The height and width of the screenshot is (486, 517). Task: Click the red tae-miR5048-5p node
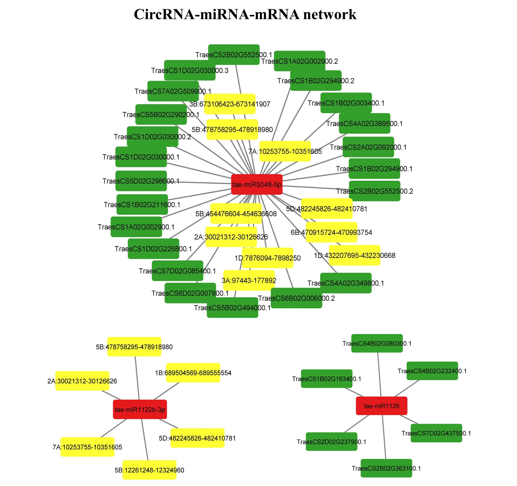[257, 185]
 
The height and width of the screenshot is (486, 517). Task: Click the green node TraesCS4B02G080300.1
[377, 343]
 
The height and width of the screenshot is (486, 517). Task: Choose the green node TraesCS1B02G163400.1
[327, 379]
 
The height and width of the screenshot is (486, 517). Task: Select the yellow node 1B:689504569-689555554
[193, 373]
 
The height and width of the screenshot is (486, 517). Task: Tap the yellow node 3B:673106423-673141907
[230, 104]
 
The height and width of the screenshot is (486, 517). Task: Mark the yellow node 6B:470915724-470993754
[331, 232]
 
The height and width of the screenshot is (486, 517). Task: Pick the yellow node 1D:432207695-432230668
[354, 255]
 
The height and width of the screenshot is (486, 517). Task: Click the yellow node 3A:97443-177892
[249, 280]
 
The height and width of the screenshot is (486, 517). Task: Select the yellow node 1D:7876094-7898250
[267, 258]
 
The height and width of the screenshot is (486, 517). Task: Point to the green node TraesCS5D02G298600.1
[141, 181]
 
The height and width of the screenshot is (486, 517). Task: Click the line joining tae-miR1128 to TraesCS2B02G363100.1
[384, 437]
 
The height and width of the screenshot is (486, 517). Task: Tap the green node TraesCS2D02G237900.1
[331, 441]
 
